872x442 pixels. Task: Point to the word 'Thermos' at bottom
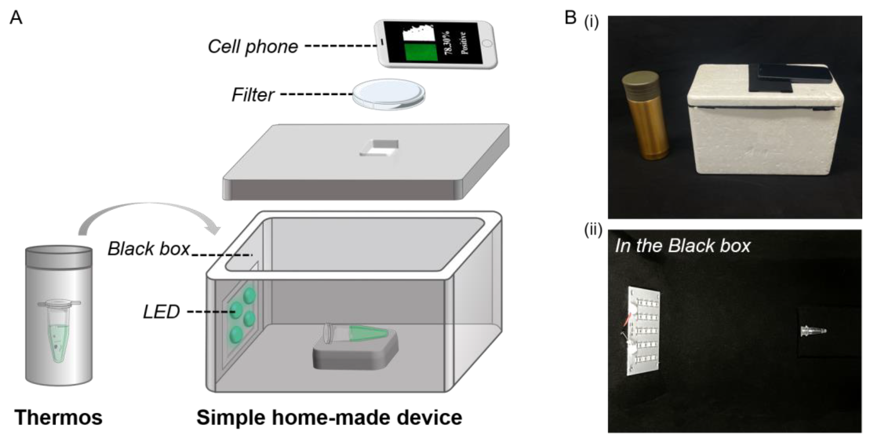pyautogui.click(x=58, y=417)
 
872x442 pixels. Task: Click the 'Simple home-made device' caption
pyautogui.click(x=329, y=417)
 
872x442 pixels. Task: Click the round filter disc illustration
pyautogui.click(x=389, y=94)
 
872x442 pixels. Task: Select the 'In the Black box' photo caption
pyautogui.click(x=682, y=246)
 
